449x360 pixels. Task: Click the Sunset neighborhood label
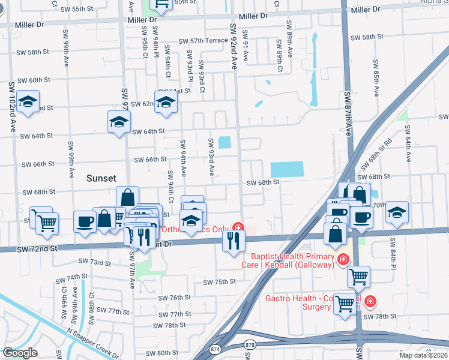(x=106, y=178)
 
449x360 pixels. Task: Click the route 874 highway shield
(x=214, y=348)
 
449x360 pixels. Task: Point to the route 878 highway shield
(x=250, y=344)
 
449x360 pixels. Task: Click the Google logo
(x=20, y=353)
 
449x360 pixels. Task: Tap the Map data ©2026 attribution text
(x=423, y=355)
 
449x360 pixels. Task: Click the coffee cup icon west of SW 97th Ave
(x=85, y=221)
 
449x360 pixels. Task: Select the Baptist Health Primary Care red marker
(x=343, y=259)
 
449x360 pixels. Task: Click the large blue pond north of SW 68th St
(x=287, y=170)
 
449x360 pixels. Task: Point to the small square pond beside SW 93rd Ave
(x=225, y=143)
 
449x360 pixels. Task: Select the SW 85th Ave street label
(x=376, y=78)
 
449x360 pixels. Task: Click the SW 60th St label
(x=34, y=80)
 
